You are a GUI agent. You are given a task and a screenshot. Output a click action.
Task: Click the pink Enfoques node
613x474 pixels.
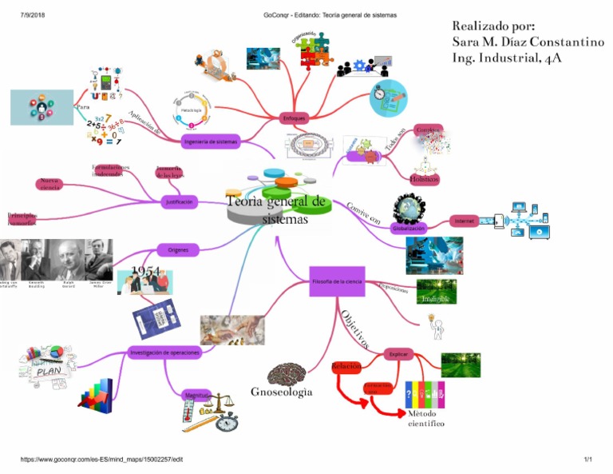[x=293, y=118]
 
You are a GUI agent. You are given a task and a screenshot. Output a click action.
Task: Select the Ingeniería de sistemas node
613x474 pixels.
[x=210, y=141]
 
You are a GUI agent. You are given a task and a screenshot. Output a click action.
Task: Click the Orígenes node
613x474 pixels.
[x=178, y=250]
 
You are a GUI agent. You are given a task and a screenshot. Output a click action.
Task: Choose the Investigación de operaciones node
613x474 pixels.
[x=164, y=352]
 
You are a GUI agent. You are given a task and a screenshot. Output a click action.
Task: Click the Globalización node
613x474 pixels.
[x=408, y=229]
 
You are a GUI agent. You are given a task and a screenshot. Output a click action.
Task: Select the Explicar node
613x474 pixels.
[x=398, y=353]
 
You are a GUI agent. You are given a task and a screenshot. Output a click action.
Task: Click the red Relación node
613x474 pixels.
[x=346, y=366]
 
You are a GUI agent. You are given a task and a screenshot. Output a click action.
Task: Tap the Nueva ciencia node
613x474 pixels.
[x=50, y=185]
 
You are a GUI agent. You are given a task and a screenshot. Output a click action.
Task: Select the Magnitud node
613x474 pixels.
[x=196, y=396]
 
